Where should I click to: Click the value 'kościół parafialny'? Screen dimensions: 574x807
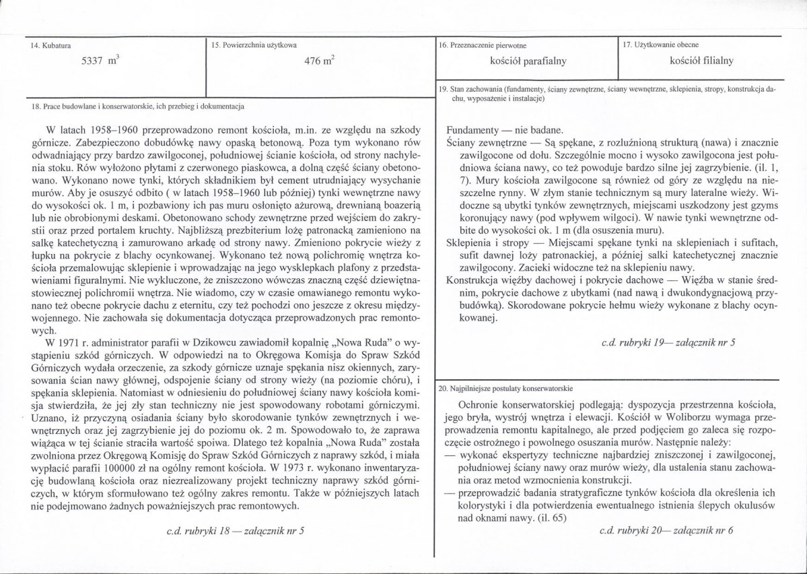point(528,61)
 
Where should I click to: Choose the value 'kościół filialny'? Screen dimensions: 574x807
point(697,61)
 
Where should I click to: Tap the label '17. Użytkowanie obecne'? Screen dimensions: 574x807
point(662,44)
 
